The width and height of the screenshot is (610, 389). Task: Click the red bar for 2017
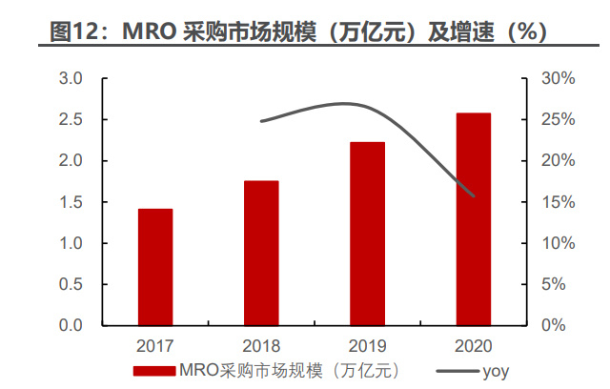[155, 267]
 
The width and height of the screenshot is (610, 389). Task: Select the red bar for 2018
[261, 253]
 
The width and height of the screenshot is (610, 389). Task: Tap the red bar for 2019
[367, 234]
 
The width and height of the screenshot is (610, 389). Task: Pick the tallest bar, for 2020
[473, 219]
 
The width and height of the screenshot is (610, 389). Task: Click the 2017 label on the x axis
[155, 344]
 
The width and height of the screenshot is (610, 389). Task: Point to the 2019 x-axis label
[367, 344]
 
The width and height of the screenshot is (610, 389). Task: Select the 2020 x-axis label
[473, 344]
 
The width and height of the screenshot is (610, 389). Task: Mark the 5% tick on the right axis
[559, 284]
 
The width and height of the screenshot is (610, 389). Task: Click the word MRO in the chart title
[163, 31]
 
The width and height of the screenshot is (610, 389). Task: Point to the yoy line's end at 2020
[474, 196]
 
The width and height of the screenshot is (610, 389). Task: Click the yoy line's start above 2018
[261, 121]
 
